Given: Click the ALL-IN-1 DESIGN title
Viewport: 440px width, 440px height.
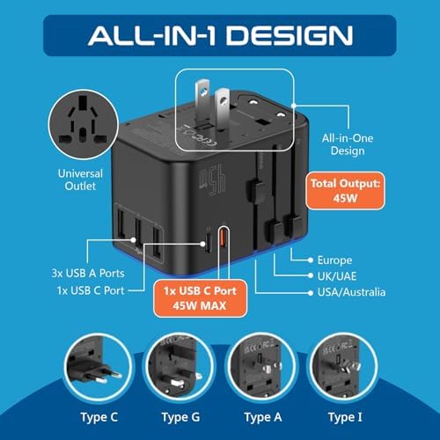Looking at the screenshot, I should (x=220, y=35).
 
